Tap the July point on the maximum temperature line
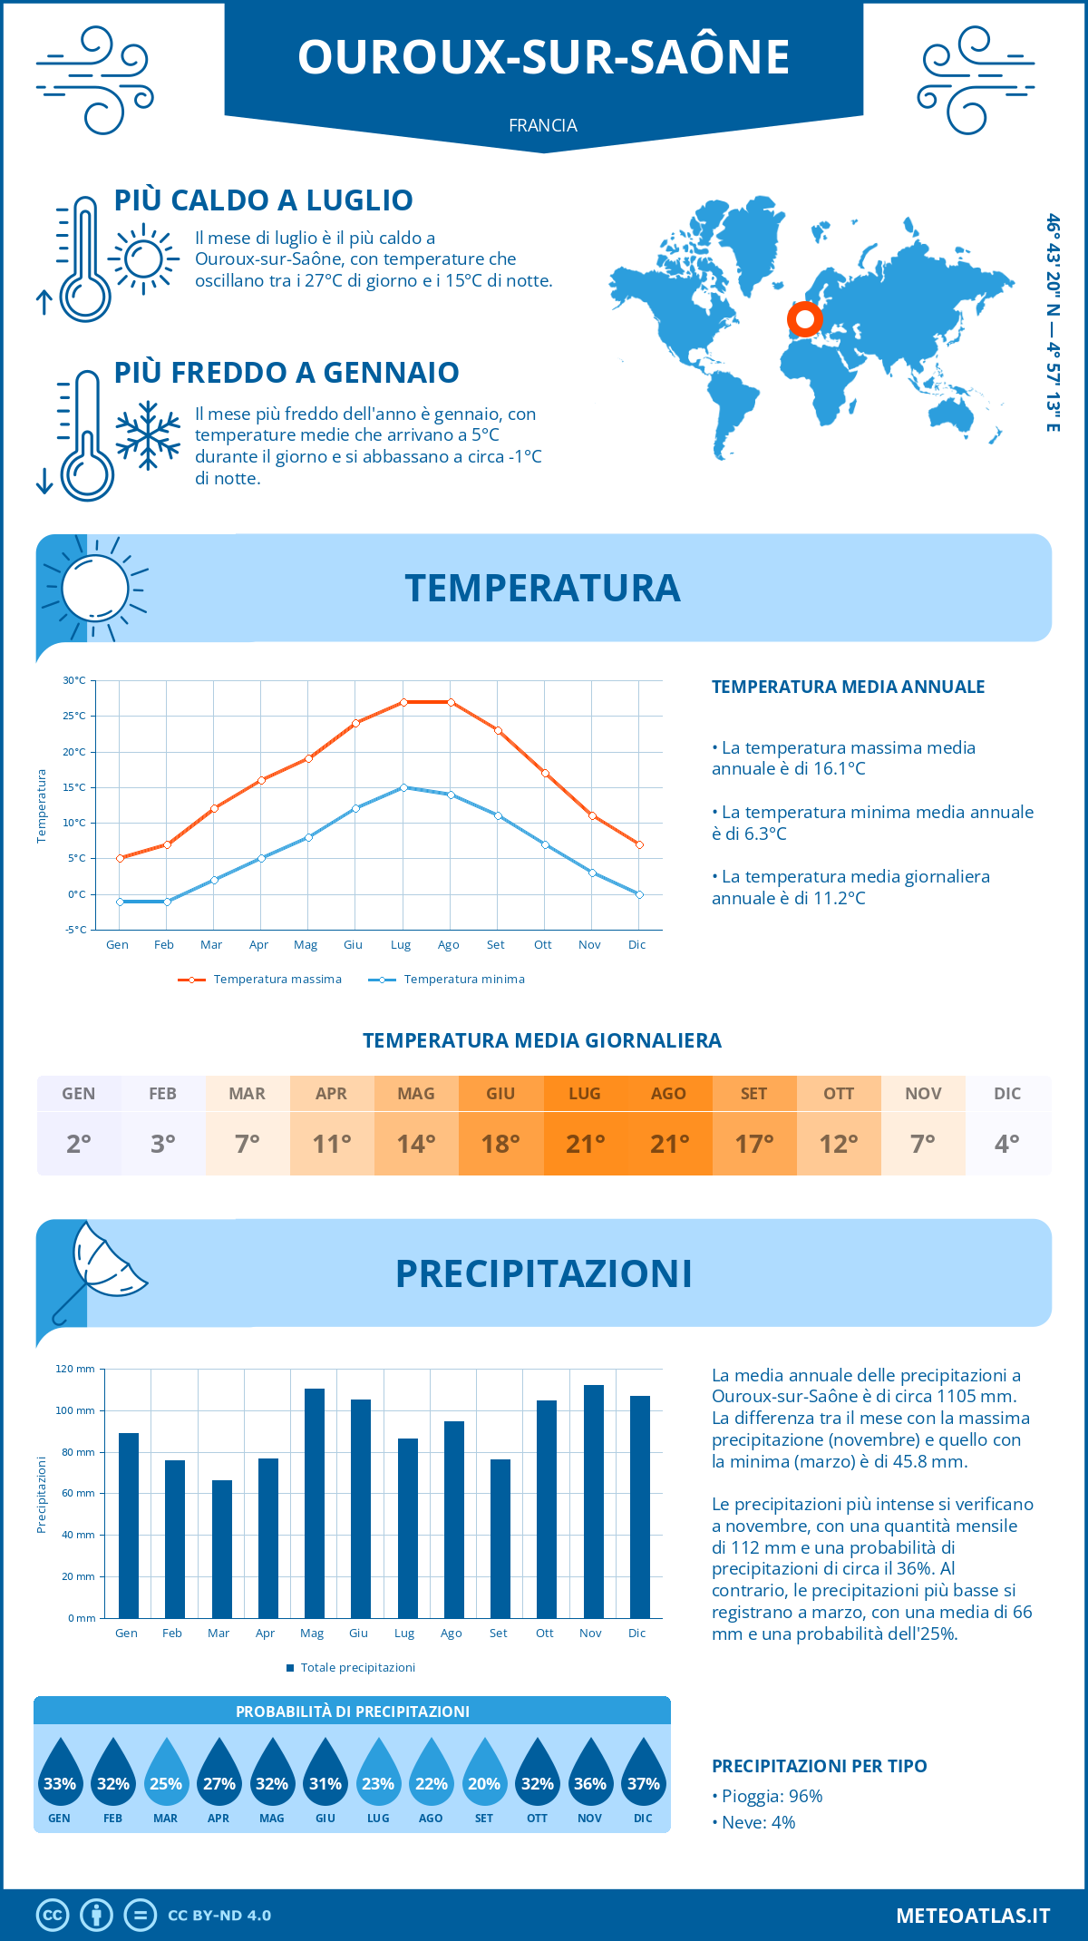[403, 702]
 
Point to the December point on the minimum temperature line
[639, 894]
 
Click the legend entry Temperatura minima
[447, 980]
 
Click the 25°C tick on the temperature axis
[74, 716]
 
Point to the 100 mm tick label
[75, 1410]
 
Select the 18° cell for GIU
[500, 1144]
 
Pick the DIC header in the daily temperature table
[1007, 1094]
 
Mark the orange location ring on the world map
[804, 318]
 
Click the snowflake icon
[148, 435]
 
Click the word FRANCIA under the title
[543, 125]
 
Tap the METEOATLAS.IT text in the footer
[972, 1916]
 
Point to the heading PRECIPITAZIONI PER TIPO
[819, 1766]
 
